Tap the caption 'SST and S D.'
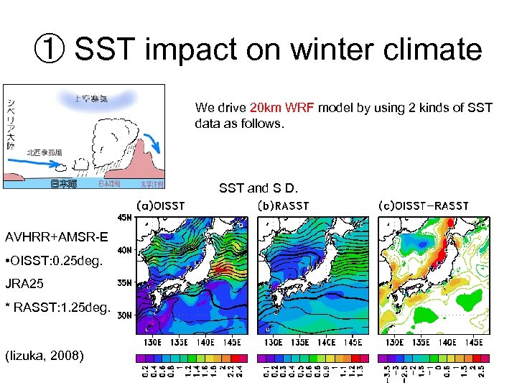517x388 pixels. [x=258, y=189]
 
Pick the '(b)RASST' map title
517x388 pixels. [x=283, y=205]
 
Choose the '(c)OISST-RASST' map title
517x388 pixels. [x=423, y=205]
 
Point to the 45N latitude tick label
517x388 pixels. [x=124, y=218]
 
